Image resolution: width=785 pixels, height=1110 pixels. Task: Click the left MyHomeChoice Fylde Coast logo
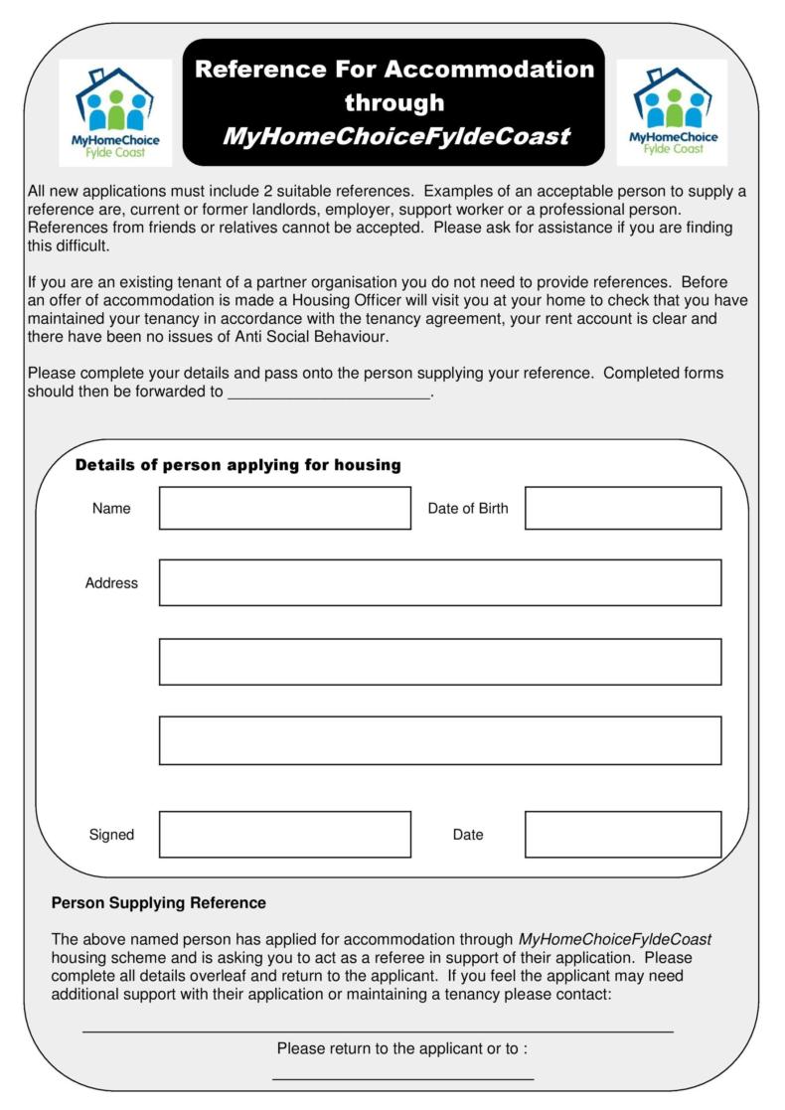(115, 111)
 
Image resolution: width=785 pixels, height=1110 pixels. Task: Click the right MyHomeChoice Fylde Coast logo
(672, 111)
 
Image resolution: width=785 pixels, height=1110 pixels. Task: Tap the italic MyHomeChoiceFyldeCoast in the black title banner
(395, 136)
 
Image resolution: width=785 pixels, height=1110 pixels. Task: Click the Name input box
(284, 508)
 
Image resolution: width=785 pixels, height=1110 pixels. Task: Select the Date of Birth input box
(623, 508)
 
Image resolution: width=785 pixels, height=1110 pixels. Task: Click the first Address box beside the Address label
(440, 582)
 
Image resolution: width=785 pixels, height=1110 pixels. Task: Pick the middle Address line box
(440, 662)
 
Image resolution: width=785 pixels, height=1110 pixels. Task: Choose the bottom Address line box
(440, 740)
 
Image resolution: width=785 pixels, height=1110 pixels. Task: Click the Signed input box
(284, 834)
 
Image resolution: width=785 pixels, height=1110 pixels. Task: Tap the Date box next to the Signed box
(623, 834)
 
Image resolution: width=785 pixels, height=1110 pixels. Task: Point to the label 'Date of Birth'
(467, 509)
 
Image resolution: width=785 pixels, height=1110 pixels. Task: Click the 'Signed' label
(111, 835)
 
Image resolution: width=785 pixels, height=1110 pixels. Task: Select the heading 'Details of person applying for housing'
(237, 465)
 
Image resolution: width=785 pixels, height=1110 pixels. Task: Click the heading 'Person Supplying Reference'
(158, 903)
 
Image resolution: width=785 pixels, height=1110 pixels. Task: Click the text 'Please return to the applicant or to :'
(401, 1048)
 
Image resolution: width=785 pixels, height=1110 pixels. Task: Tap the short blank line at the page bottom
(402, 1077)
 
